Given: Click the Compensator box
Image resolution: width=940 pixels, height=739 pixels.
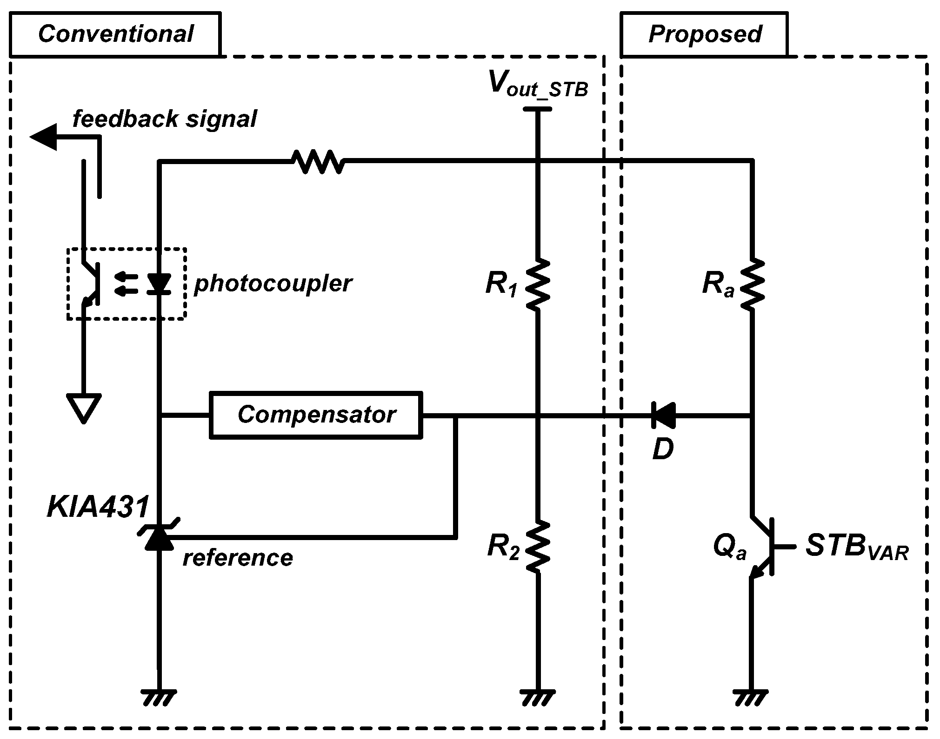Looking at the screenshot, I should click(x=316, y=415).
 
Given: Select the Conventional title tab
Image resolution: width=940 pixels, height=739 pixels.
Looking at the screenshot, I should click(x=115, y=34).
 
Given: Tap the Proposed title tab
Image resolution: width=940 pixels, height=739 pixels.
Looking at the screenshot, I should click(x=704, y=34).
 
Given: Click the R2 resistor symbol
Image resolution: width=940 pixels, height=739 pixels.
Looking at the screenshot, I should click(x=538, y=546).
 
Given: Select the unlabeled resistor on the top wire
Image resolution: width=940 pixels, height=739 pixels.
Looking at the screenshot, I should click(x=318, y=161).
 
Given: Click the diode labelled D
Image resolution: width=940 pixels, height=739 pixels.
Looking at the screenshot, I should click(x=663, y=415).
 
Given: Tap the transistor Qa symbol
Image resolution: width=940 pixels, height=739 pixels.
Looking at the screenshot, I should click(x=763, y=547).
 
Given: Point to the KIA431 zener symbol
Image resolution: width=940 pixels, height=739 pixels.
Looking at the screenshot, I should click(x=159, y=536).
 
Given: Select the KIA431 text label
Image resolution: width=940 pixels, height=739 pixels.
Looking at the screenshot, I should click(x=98, y=507).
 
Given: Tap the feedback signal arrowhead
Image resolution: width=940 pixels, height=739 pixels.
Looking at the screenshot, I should click(x=44, y=137).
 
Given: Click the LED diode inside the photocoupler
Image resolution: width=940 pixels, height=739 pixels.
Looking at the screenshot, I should click(x=159, y=284).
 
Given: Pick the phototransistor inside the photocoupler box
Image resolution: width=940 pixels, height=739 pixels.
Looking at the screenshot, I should click(x=91, y=284).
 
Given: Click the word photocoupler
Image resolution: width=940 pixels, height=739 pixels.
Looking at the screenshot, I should click(x=273, y=283).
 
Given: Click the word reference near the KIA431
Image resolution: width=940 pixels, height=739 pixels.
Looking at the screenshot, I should click(x=238, y=558).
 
